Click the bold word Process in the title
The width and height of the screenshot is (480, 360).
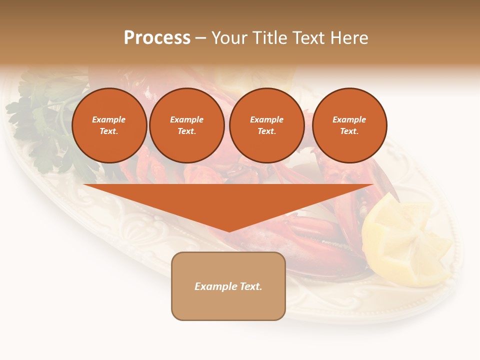click(157, 38)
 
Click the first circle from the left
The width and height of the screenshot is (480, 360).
click(109, 125)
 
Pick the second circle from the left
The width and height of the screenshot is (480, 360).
click(187, 125)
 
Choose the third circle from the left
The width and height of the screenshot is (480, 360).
click(266, 125)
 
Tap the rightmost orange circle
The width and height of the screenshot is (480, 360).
click(349, 125)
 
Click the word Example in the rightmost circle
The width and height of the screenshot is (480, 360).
click(349, 119)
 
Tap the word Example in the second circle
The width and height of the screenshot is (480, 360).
click(186, 119)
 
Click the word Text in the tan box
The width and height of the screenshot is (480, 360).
click(250, 286)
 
